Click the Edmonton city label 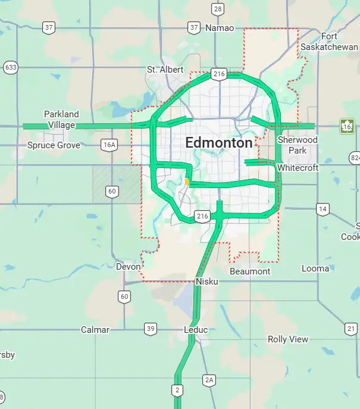(218, 143)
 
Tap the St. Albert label (165, 70)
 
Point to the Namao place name (220, 28)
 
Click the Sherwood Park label (298, 145)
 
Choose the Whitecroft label (298, 168)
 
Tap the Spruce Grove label (54, 145)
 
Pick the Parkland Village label (61, 120)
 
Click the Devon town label (128, 267)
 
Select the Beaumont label (250, 271)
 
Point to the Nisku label (206, 281)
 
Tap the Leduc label (196, 330)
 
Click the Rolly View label (288, 339)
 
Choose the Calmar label (95, 330)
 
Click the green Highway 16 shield (347, 126)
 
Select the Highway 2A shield (208, 379)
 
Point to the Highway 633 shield (10, 67)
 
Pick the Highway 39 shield (150, 329)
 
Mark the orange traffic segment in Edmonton (187, 181)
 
